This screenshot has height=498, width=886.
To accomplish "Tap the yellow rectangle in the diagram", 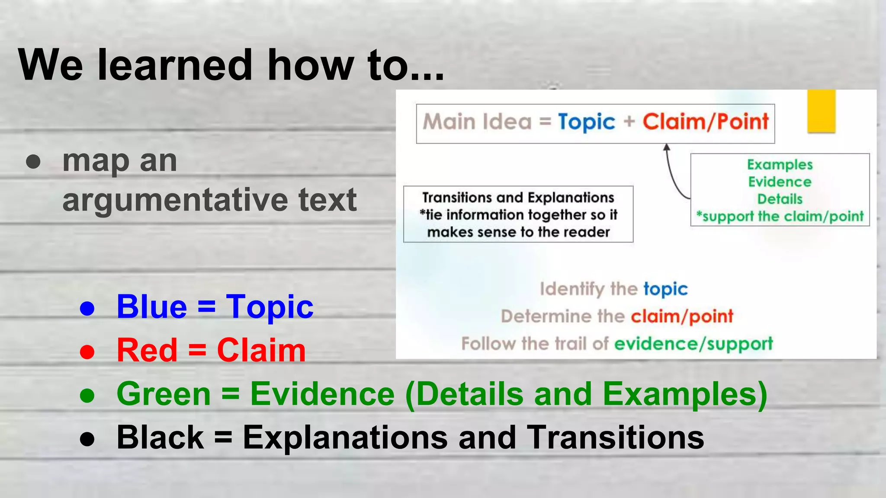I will pos(821,111).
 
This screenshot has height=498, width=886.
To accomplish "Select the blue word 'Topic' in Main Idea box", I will pos(586,122).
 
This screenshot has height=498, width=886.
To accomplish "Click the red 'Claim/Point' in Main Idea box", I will pos(706,121).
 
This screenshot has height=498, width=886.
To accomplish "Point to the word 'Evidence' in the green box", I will pos(780,182).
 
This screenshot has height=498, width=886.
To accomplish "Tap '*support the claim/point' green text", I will pos(780,216).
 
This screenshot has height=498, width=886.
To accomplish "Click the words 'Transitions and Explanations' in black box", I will pos(518,198).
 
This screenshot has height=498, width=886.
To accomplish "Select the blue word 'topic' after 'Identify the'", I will pos(665,289).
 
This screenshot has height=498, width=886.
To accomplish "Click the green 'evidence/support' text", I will pos(693,344).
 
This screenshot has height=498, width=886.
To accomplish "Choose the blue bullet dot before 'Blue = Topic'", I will pos(87,308).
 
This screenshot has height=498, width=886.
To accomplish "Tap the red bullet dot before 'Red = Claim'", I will pos(87,351).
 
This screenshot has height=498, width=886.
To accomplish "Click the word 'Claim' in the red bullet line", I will pos(261,350).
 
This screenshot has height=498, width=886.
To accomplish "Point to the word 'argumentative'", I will pos(173,200).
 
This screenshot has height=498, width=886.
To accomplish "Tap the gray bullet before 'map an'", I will pos(33,162).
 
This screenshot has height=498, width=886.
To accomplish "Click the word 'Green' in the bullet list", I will pos(164,394).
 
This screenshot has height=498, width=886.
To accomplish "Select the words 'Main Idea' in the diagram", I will pos(477,121).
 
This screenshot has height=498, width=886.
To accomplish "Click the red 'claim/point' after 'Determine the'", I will pos(682,316).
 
